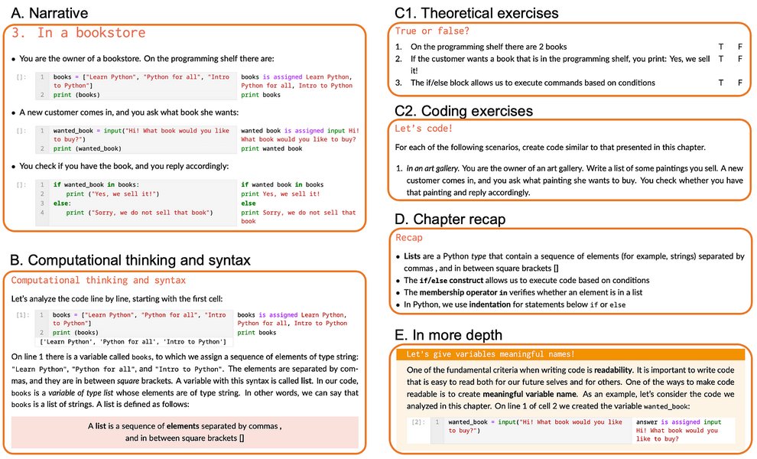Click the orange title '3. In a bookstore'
click(x=79, y=33)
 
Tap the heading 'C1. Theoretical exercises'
click(x=476, y=13)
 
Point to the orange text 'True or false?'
click(x=432, y=31)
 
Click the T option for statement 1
click(x=720, y=47)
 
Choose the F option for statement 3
click(x=739, y=83)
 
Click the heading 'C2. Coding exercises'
click(x=463, y=111)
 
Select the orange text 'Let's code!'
click(x=424, y=129)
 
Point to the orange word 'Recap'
click(x=409, y=238)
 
